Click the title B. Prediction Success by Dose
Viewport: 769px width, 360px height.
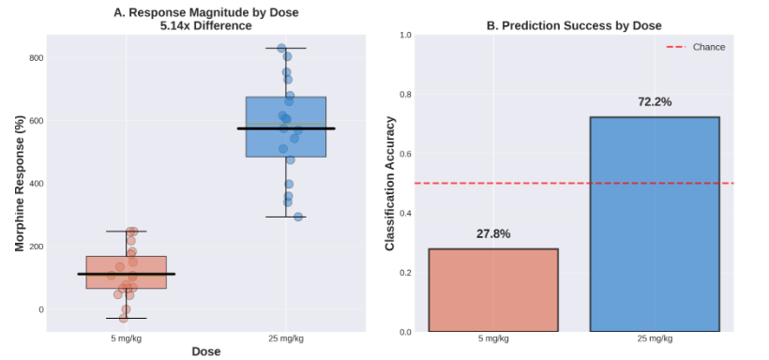(574, 25)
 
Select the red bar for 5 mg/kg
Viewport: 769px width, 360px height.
(493, 290)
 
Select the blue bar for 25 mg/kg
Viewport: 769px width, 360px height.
(655, 224)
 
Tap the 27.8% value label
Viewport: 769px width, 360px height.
(493, 233)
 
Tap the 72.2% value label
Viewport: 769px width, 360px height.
(655, 102)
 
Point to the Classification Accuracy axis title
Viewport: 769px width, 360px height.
(391, 183)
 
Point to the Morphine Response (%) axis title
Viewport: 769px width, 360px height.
(19, 183)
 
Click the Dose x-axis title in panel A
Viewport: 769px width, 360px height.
(205, 351)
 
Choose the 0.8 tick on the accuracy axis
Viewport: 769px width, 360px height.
(406, 95)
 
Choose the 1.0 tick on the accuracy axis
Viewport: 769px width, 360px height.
(406, 35)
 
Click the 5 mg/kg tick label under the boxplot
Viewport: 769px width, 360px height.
(126, 337)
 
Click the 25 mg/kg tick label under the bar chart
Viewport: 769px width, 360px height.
(655, 338)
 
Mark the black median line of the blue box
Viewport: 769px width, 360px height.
(286, 128)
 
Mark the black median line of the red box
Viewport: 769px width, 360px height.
(126, 274)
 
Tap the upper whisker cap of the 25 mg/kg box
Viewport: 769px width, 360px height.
(286, 48)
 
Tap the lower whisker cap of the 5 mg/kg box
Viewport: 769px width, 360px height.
(126, 319)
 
